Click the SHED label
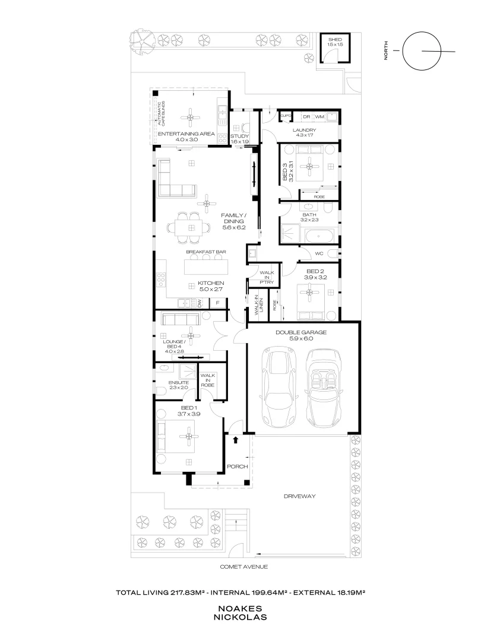click(x=334, y=40)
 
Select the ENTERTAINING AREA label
click(x=186, y=134)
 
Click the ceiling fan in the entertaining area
click(x=191, y=118)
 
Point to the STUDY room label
click(x=240, y=136)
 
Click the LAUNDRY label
click(x=304, y=130)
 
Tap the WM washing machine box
click(x=319, y=116)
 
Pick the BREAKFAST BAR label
click(x=205, y=252)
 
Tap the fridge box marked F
click(x=218, y=303)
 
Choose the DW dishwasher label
click(x=200, y=303)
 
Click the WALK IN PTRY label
click(x=267, y=277)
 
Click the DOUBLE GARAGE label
click(x=301, y=332)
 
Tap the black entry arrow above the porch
click(x=236, y=440)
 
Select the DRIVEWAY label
click(x=300, y=496)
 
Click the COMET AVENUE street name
click(x=244, y=567)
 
